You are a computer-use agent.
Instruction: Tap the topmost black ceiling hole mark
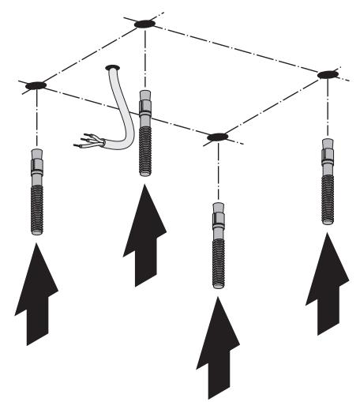144,24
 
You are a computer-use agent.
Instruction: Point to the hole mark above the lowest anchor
217,137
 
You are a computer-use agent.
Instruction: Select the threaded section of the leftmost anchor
37,205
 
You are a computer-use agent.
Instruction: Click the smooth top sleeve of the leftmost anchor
37,164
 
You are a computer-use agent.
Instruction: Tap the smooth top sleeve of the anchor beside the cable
145,105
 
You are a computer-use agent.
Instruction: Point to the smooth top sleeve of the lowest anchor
218,217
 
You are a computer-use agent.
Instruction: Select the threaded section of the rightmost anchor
327,194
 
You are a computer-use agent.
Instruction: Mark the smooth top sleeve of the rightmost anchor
327,154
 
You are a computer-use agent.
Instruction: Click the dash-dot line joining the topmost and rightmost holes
237,49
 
